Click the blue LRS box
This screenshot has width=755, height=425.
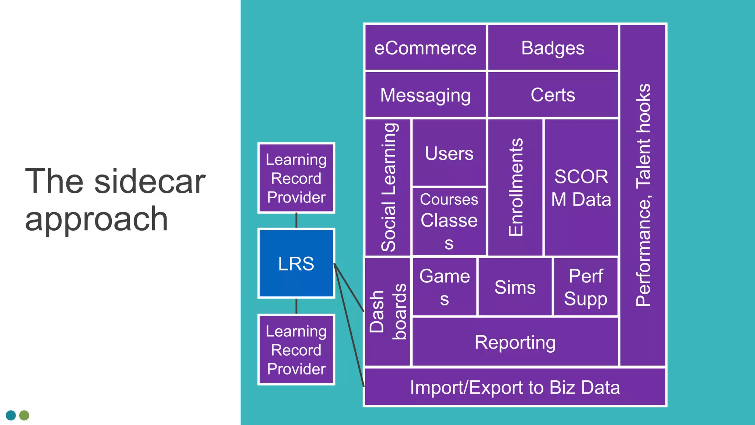(296, 263)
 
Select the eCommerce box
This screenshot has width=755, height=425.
(425, 48)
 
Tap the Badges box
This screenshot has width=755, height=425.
(553, 48)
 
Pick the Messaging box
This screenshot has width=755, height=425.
(425, 95)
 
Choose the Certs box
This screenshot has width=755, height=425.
(553, 95)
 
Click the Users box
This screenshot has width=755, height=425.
(449, 153)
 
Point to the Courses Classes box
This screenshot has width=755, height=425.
(449, 221)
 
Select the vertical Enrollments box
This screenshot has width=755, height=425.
(515, 187)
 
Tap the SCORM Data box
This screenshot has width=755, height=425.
(581, 187)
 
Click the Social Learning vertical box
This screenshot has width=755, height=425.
(388, 187)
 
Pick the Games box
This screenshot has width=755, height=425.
(444, 287)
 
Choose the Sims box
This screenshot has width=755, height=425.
(515, 287)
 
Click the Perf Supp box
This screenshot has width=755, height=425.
(585, 287)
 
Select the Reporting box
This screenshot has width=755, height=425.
(515, 342)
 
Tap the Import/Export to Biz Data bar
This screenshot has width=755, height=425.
(515, 387)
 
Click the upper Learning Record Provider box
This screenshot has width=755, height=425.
(296, 178)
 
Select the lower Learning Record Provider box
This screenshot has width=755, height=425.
(296, 350)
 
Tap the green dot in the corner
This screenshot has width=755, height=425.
(24, 415)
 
